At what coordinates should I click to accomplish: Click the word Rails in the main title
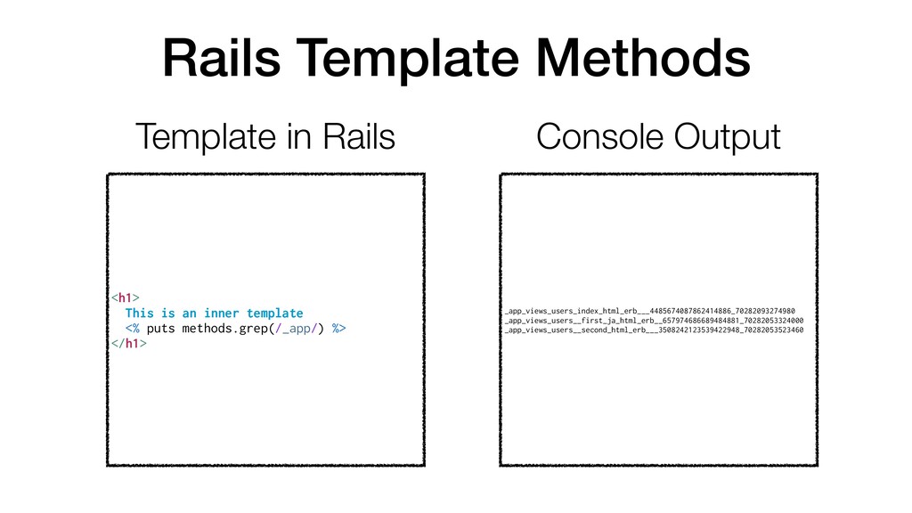pos(222,58)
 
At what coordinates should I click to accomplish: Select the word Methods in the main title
pos(643,58)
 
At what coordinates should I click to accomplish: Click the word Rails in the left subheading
pos(359,136)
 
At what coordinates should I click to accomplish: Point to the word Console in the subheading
pos(599,136)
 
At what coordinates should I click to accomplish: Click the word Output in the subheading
pos(728,138)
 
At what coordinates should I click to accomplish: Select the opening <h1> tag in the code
pos(126,297)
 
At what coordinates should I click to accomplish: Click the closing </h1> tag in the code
pos(129,343)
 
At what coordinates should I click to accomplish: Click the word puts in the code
pos(160,329)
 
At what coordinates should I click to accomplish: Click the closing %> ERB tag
pos(339,329)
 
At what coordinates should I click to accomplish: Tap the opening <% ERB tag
pos(133,329)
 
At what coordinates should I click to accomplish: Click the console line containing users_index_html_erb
pos(649,311)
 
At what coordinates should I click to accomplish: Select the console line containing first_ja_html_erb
pos(654,321)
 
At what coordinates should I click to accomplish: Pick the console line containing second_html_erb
pos(654,330)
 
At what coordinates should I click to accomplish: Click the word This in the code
pos(140,313)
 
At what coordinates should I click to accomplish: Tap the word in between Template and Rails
pos(298,136)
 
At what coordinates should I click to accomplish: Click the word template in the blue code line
pos(274,313)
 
